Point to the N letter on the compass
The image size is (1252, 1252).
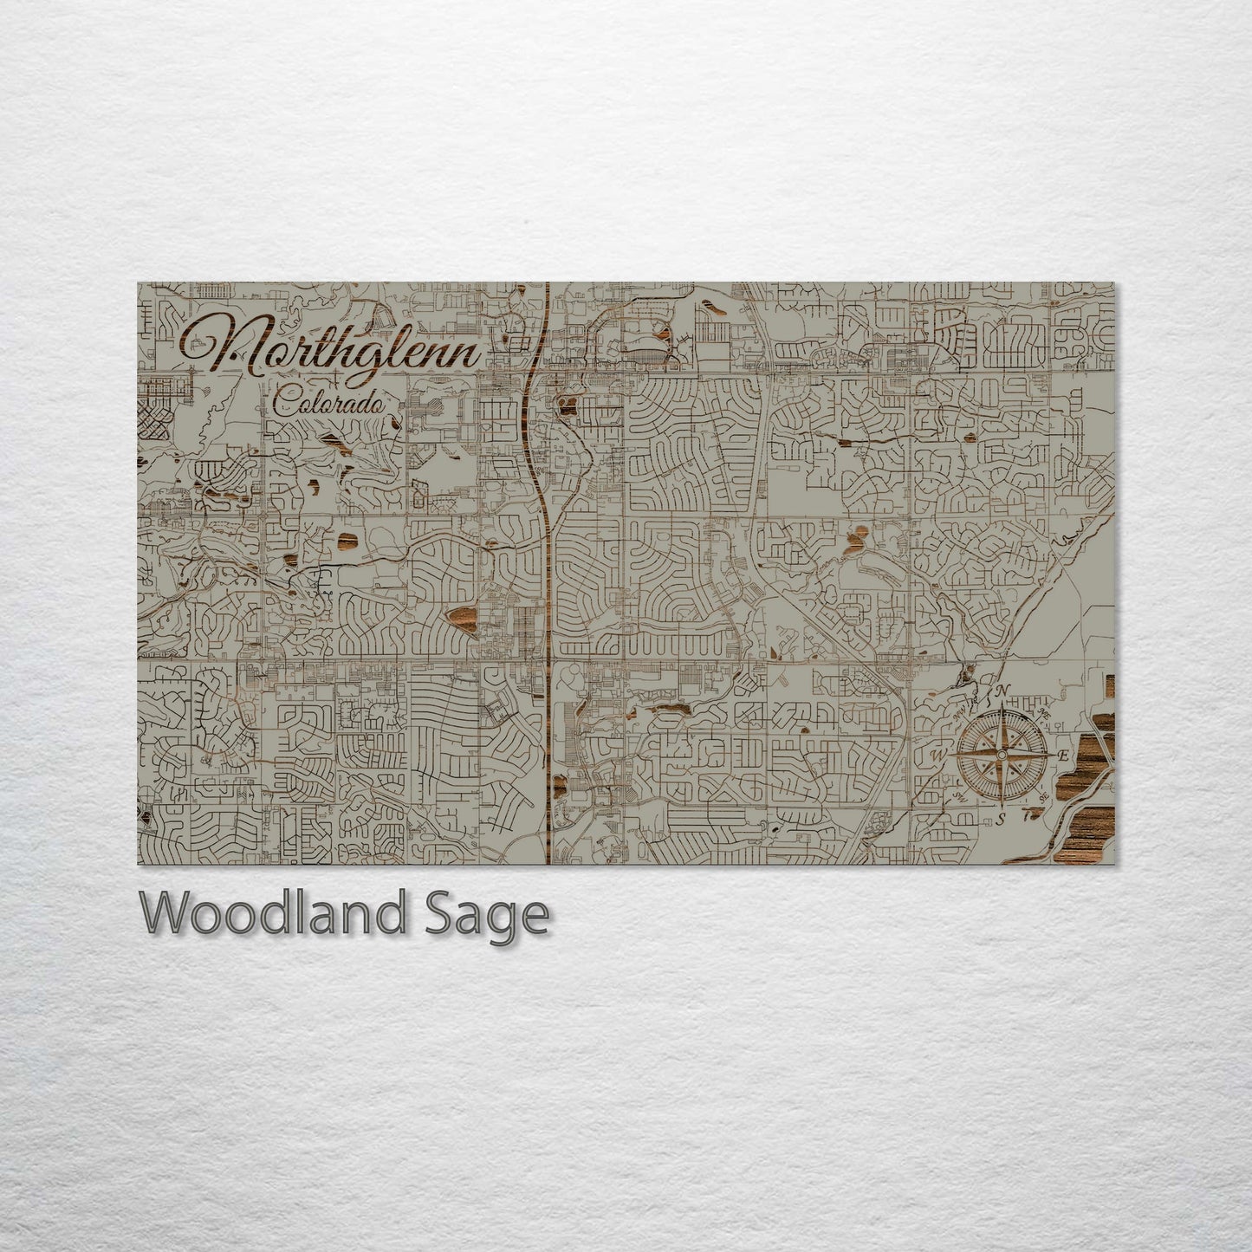coord(1003,691)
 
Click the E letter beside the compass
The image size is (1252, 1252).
coord(1063,756)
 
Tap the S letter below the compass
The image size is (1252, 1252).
coord(1000,819)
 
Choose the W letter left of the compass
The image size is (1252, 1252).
coord(937,755)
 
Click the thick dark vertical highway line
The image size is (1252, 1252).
coord(549,607)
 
